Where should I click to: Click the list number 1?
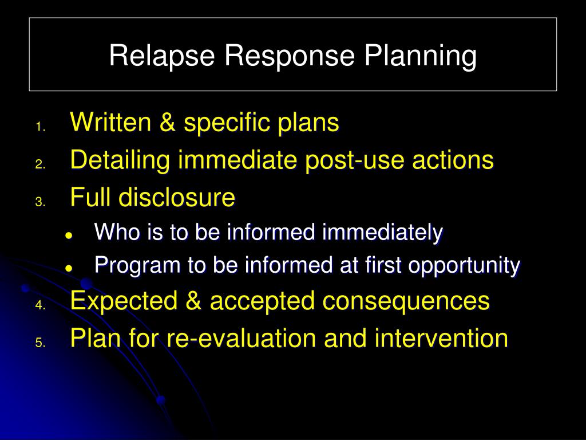(x=39, y=127)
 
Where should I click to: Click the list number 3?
(x=39, y=202)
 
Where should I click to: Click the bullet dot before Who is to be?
(x=69, y=235)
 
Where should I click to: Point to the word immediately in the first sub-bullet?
(x=383, y=233)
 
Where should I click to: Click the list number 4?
(x=39, y=305)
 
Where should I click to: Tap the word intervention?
(x=441, y=338)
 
